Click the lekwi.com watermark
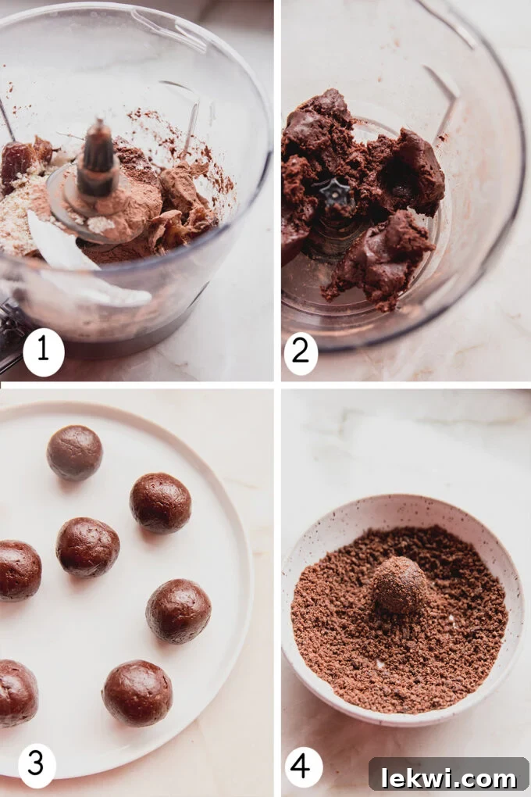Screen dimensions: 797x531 point(448,777)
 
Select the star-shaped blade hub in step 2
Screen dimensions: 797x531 point(336,192)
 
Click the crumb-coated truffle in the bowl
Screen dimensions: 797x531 point(399,584)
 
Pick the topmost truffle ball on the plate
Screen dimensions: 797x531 point(74,452)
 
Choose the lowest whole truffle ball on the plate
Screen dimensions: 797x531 point(137,692)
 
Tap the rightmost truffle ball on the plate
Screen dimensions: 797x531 point(178,610)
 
